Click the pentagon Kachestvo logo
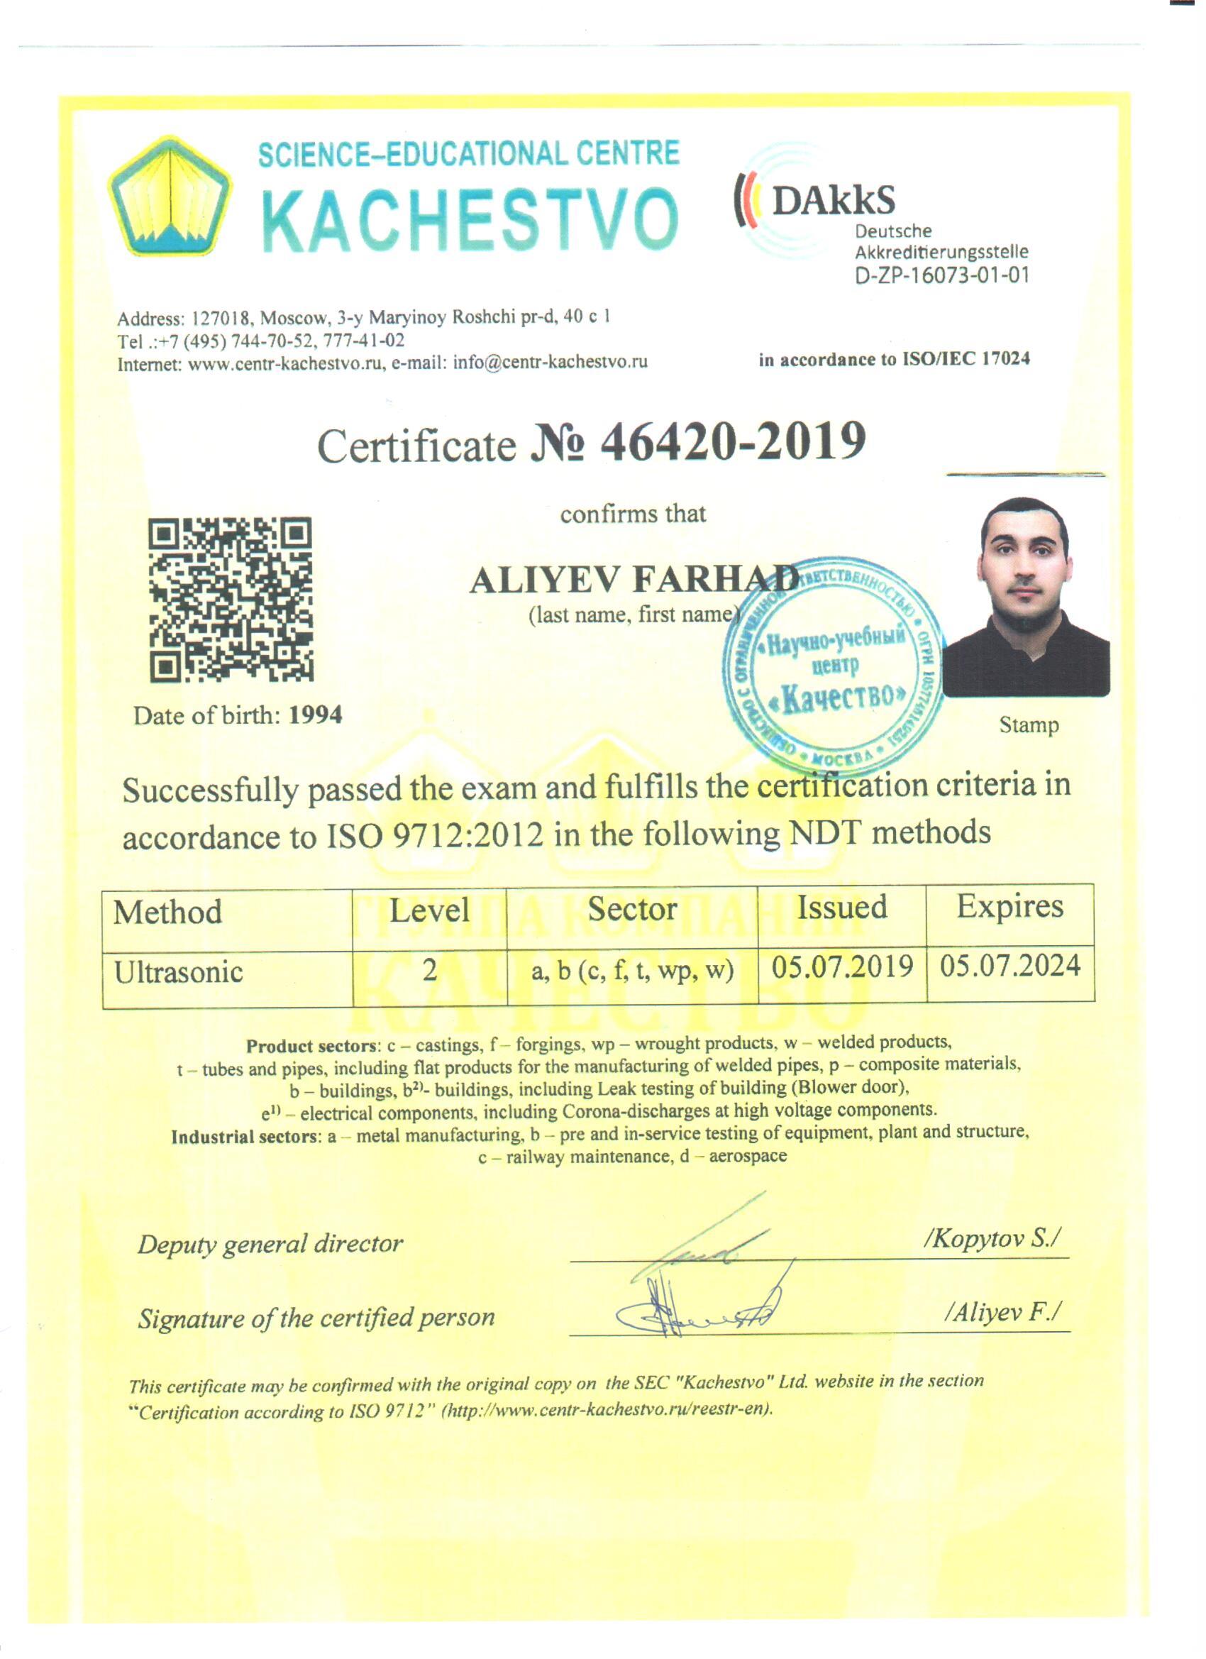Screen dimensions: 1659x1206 170,196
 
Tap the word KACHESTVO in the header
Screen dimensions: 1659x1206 469,219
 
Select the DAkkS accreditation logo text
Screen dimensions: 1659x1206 833,199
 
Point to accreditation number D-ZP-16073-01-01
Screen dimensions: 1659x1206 942,277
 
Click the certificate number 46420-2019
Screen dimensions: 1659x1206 732,442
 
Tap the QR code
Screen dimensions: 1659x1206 231,600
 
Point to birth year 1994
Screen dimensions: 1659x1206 316,715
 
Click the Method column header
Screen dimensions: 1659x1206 167,912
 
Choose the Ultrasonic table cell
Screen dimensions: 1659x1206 179,972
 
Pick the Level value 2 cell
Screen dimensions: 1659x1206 430,970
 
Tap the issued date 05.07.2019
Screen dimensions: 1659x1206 843,966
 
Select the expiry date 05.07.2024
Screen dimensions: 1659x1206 1010,966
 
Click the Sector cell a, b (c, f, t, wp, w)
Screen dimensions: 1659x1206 633,971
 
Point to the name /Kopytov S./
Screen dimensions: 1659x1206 993,1238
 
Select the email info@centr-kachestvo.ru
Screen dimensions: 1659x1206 550,362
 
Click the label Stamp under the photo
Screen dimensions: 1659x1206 1028,725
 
